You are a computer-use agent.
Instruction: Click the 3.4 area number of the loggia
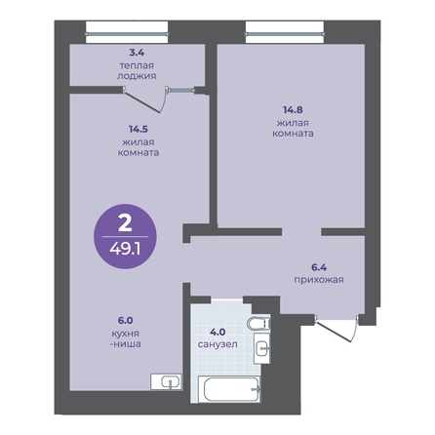tap(137, 53)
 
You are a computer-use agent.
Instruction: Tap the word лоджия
tap(137, 76)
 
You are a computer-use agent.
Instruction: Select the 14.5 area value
tap(138, 129)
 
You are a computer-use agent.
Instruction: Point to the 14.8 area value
tap(293, 110)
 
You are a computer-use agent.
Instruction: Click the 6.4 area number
tap(319, 267)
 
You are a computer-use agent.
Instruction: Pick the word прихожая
tap(319, 280)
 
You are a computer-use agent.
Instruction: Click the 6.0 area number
tap(126, 321)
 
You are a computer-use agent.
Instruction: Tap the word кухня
tap(126, 334)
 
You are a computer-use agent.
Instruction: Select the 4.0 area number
tap(217, 333)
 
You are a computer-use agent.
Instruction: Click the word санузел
tap(217, 344)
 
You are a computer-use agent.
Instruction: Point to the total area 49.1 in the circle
tap(125, 250)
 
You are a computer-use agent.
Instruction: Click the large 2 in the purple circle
tap(125, 223)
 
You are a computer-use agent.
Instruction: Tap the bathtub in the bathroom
tap(229, 389)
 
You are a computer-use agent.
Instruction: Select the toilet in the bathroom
tap(258, 324)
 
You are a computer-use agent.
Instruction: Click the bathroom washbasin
tap(261, 348)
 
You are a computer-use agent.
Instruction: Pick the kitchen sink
tap(166, 381)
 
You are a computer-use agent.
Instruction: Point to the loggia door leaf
tap(142, 102)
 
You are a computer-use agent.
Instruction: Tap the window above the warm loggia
tap(127, 33)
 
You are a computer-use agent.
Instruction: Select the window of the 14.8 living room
tap(285, 33)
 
